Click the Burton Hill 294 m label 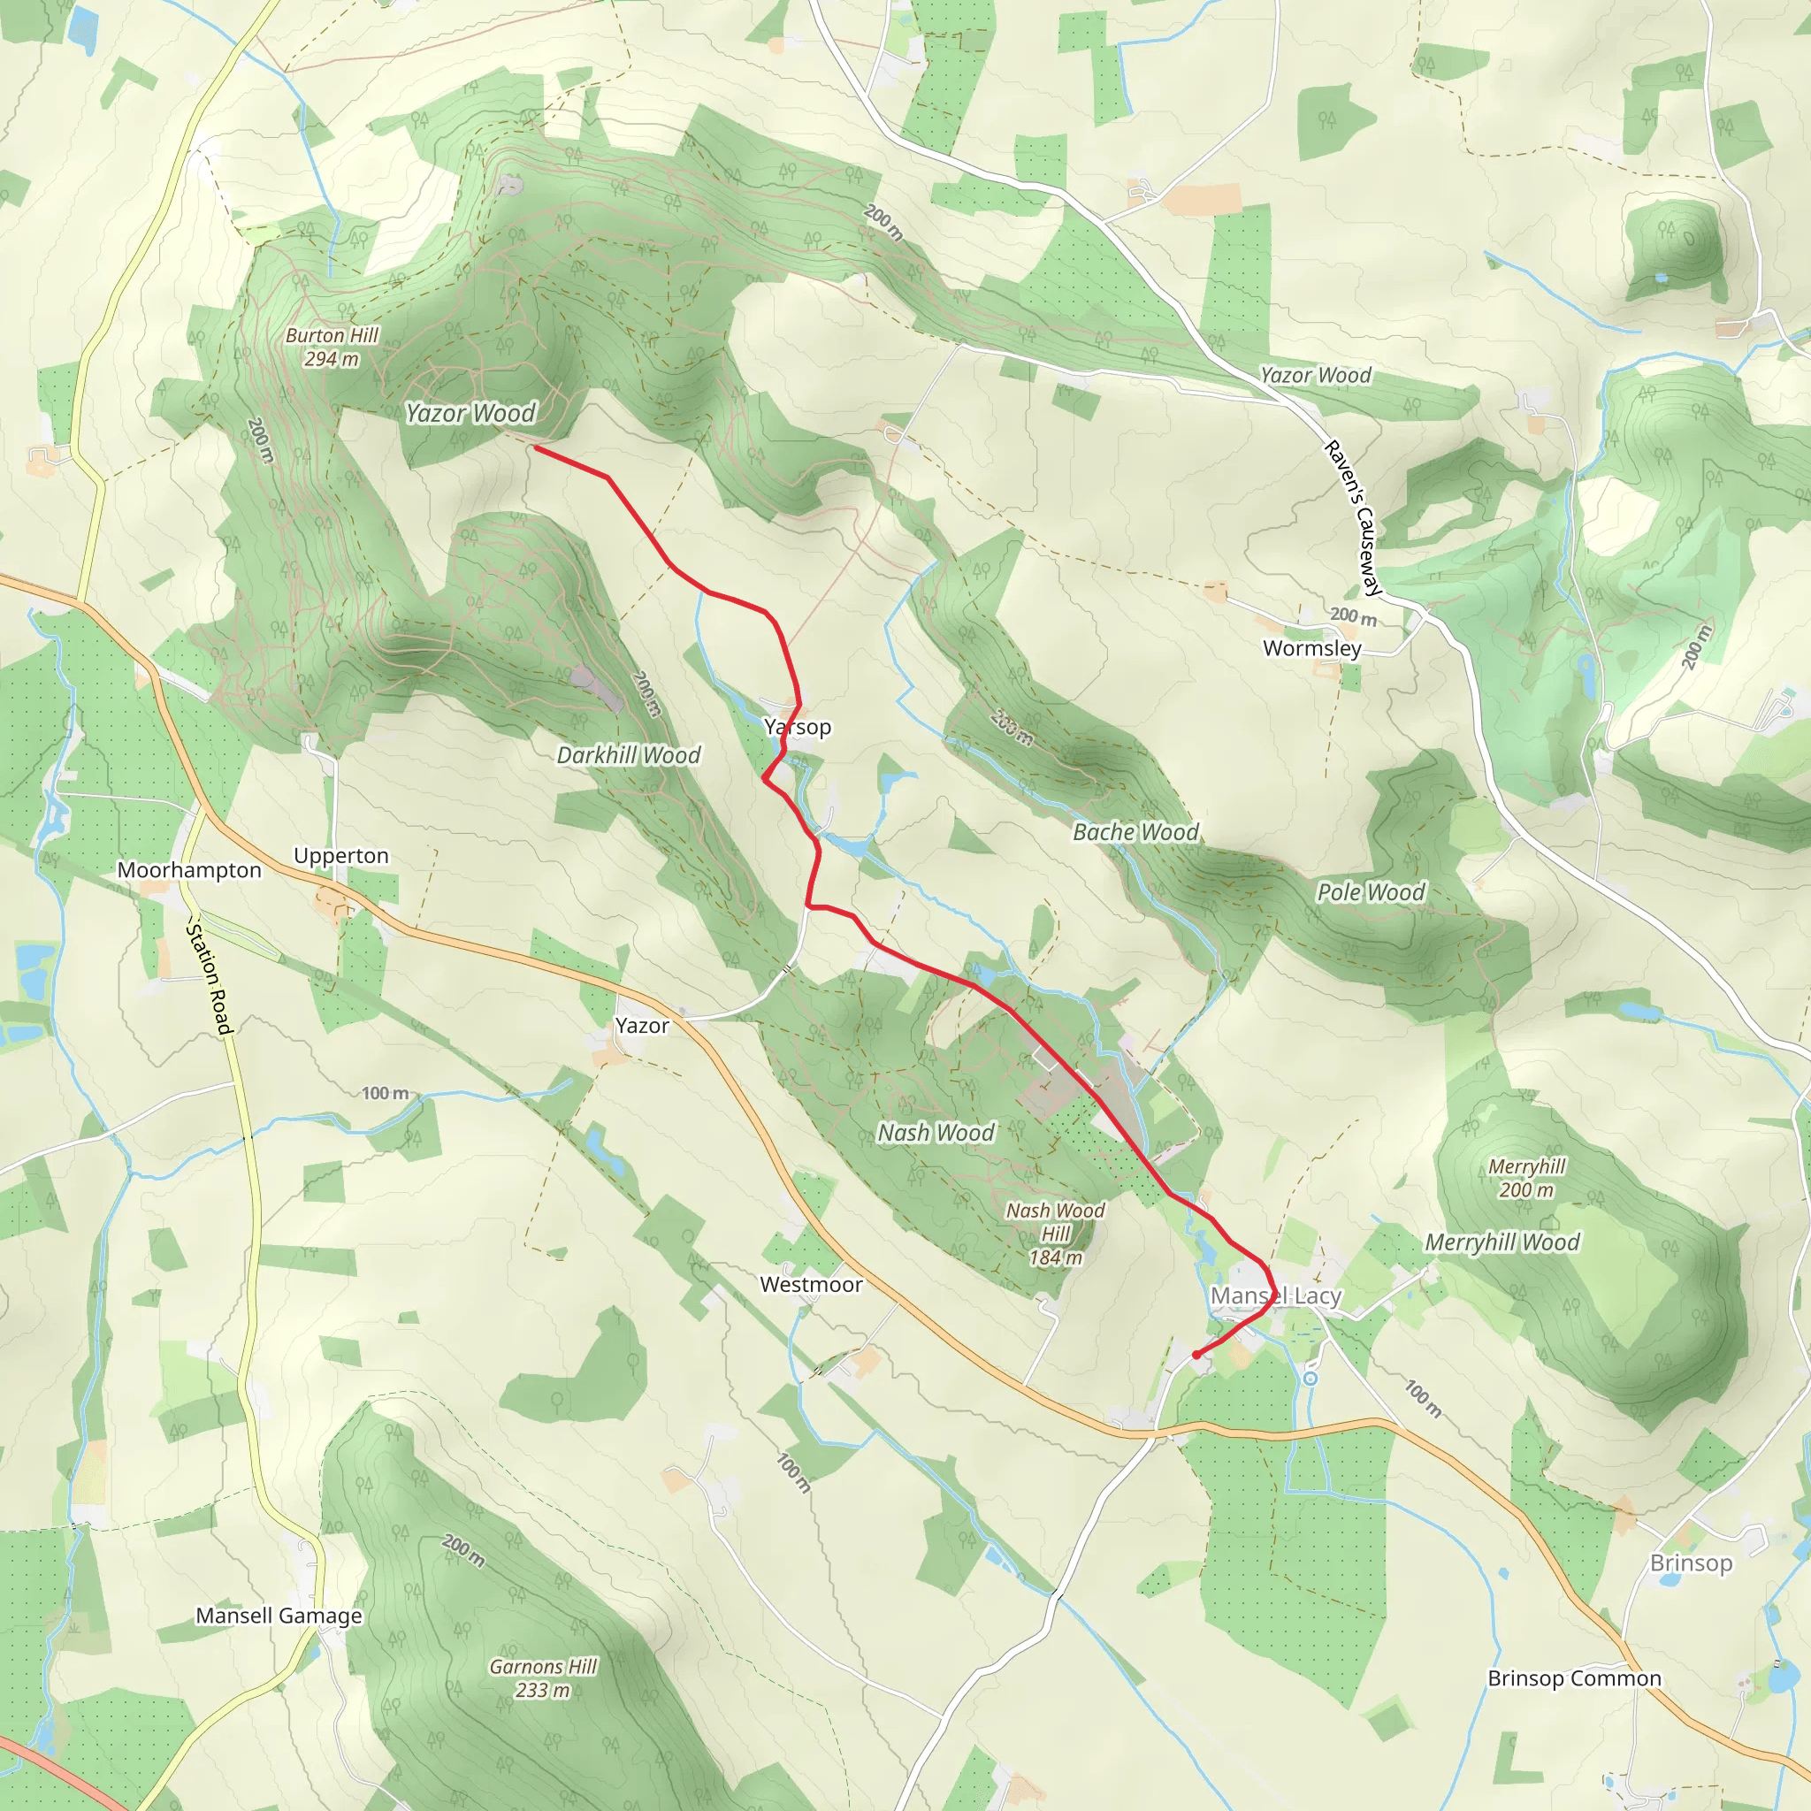pos(332,347)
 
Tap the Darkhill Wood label pos(628,755)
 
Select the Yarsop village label pos(798,728)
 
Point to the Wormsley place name pos(1311,649)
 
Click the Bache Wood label pos(1135,832)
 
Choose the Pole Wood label pos(1371,892)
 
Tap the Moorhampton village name pos(189,871)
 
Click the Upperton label pos(341,856)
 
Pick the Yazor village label pos(642,1027)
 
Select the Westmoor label pos(811,1285)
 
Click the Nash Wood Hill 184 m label pos(1056,1234)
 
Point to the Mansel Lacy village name pos(1276,1296)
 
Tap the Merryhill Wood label pos(1502,1243)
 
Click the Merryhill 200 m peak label pos(1527,1178)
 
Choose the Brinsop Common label pos(1575,1679)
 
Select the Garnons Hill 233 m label pos(543,1679)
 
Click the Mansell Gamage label pos(279,1616)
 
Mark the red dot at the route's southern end pos(1197,1355)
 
